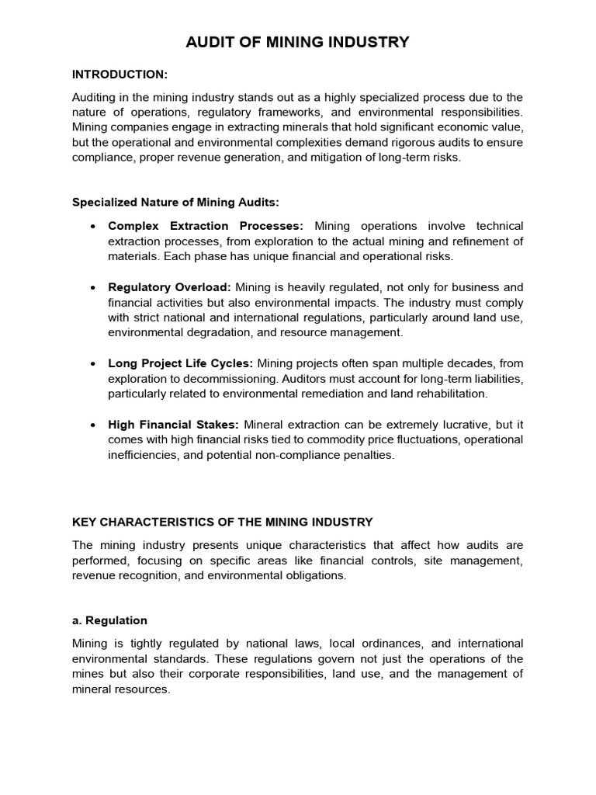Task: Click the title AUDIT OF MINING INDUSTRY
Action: click(297, 42)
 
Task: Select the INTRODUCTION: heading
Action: click(120, 75)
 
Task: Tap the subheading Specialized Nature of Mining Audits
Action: click(175, 202)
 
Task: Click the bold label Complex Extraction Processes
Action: click(206, 226)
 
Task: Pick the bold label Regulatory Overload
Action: click(170, 287)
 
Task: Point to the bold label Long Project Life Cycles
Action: click(181, 363)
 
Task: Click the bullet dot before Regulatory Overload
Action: click(93, 288)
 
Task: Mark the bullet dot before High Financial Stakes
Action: click(93, 425)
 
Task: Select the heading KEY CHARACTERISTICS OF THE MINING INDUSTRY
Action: click(223, 522)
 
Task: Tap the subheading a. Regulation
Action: click(109, 621)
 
